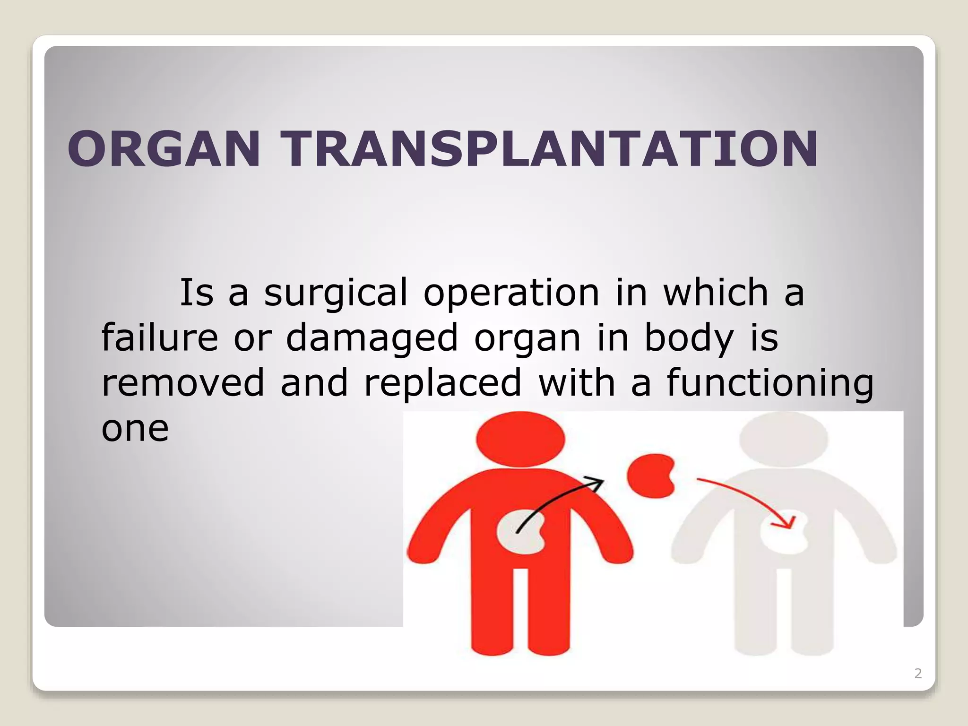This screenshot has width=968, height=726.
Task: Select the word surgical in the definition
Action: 335,294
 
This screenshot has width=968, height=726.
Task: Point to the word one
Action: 135,429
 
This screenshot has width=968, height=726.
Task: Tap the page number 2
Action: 918,673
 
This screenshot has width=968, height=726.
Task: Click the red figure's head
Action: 520,439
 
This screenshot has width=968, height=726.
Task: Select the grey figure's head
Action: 783,439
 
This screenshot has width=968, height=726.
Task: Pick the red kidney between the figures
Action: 650,475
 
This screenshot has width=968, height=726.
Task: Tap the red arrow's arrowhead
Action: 788,523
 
